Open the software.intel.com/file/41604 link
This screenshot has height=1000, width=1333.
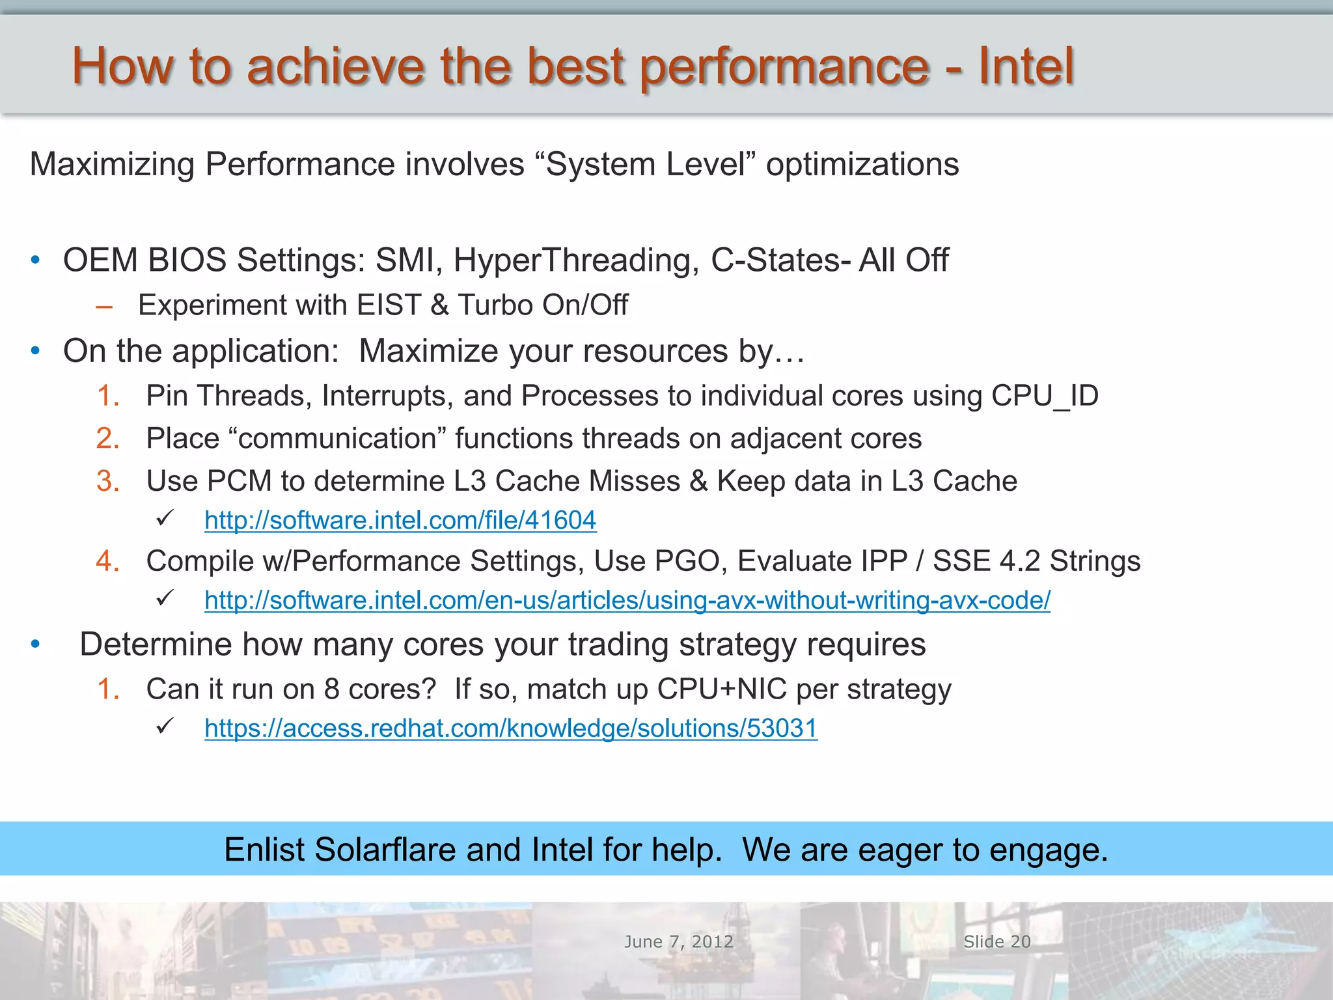coord(400,520)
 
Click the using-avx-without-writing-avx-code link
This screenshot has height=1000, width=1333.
coord(627,600)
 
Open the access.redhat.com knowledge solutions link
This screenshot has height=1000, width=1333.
coord(511,728)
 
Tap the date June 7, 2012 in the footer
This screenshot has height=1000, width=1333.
coord(679,941)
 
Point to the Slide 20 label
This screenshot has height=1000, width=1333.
coord(997,941)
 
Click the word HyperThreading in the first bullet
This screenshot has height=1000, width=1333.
coord(576,260)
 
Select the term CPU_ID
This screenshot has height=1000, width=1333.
coord(1045,396)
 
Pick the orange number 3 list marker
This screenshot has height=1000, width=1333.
coord(108,481)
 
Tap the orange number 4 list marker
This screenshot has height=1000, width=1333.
coord(108,561)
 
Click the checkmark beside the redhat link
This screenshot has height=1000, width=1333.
coord(165,725)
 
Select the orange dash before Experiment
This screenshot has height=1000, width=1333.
coord(104,306)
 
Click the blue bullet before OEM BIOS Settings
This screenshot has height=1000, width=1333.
coord(36,261)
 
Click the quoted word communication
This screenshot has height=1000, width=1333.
coord(337,439)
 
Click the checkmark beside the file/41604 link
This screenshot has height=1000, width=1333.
coord(165,518)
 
